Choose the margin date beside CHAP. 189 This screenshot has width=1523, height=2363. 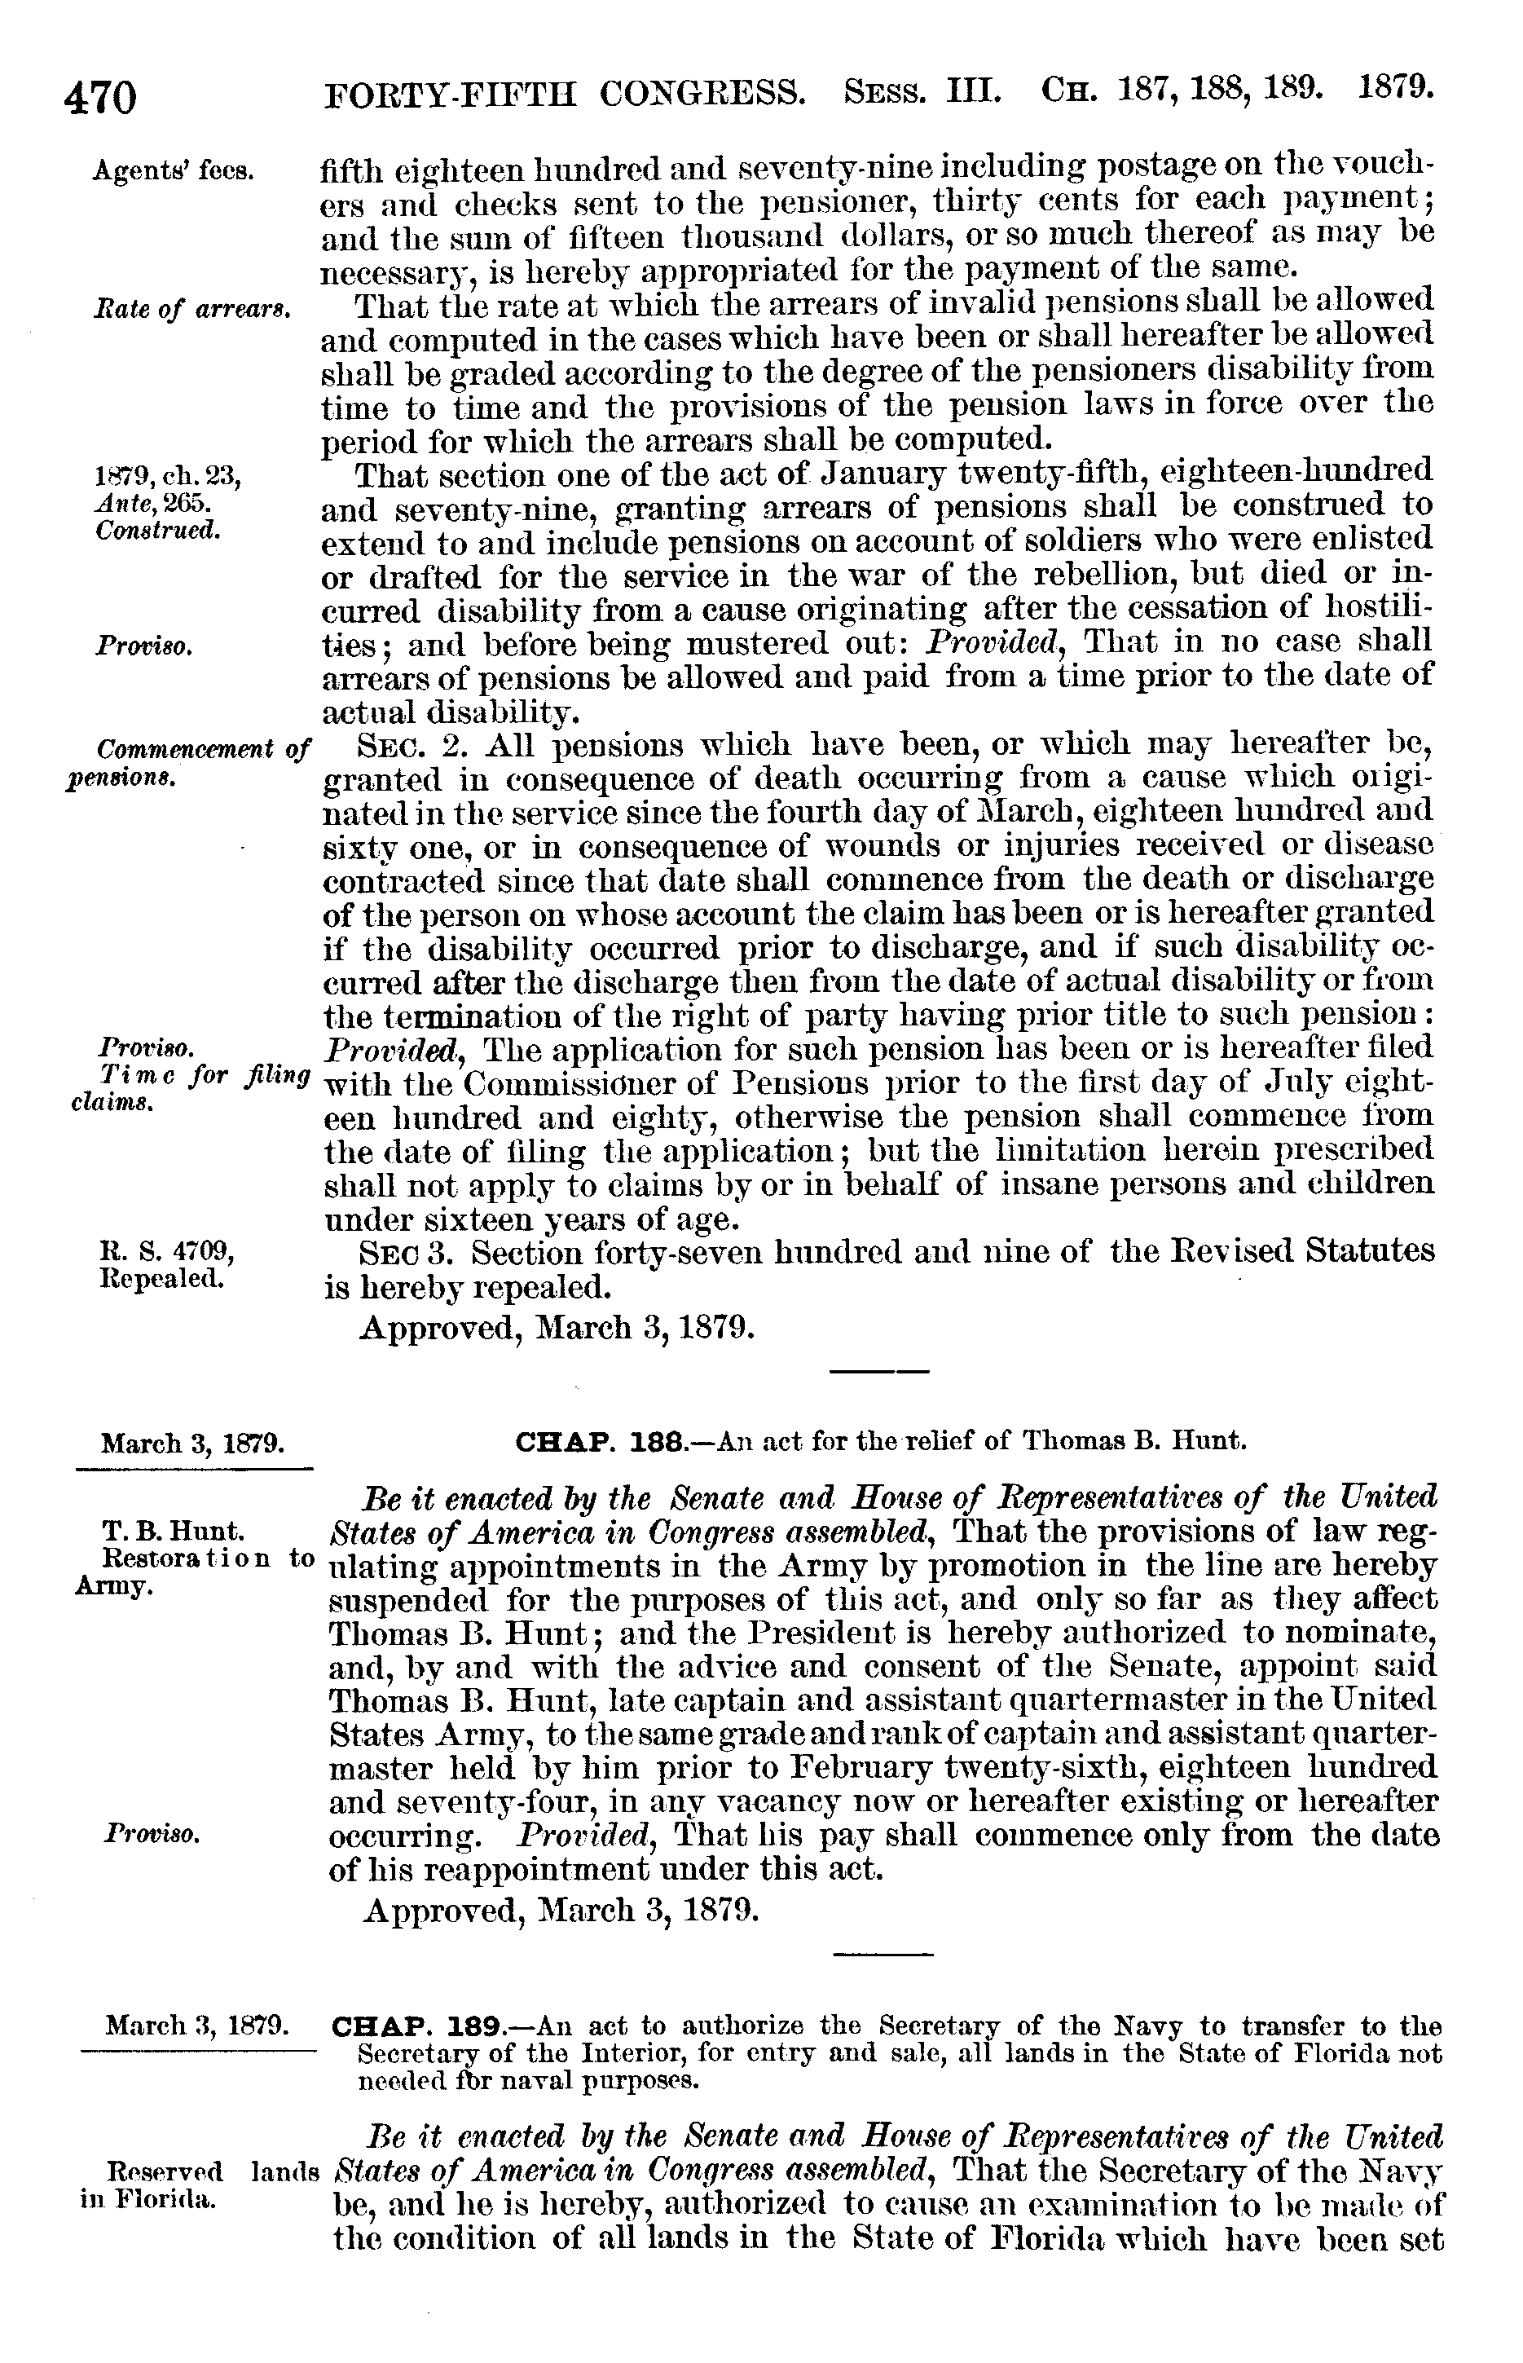coord(196,2026)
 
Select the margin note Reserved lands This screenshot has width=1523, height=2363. coord(211,2173)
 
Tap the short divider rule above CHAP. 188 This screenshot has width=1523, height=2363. coord(879,1371)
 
